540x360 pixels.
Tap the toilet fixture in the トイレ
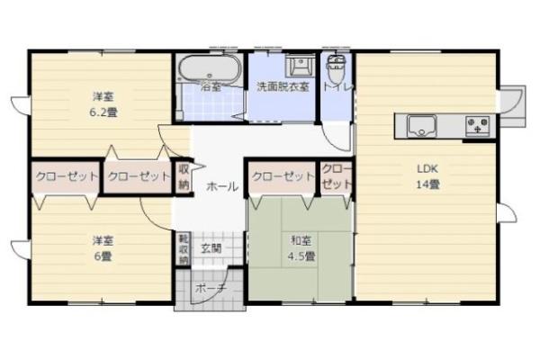[x=337, y=67]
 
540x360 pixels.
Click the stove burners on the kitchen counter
[x=477, y=126]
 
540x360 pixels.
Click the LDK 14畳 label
[x=426, y=176]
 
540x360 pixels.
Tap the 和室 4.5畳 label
[x=301, y=248]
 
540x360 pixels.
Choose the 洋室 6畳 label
[x=102, y=248]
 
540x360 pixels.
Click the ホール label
[x=222, y=186]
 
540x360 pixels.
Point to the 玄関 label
[x=211, y=247]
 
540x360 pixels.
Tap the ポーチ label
[x=209, y=290]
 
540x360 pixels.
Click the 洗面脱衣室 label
[x=283, y=88]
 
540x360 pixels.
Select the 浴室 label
[x=211, y=88]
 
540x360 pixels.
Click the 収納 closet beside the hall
[x=184, y=176]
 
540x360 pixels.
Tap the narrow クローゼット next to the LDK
[x=336, y=177]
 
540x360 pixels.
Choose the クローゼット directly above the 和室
[x=282, y=176]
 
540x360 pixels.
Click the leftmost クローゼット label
[x=66, y=176]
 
